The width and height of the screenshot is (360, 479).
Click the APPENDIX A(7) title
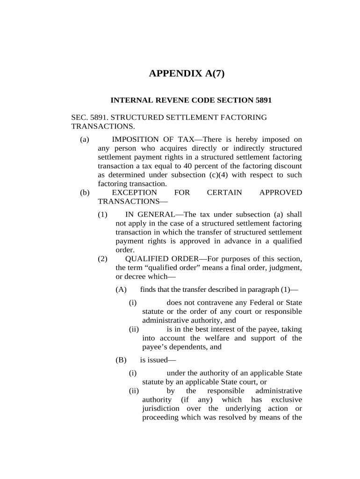pyautogui.click(x=187, y=73)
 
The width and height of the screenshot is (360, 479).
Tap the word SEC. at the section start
pyautogui.click(x=79, y=117)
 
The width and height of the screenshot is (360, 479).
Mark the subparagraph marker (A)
pyautogui.click(x=121, y=290)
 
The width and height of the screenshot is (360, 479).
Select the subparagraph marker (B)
pyautogui.click(x=121, y=360)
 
